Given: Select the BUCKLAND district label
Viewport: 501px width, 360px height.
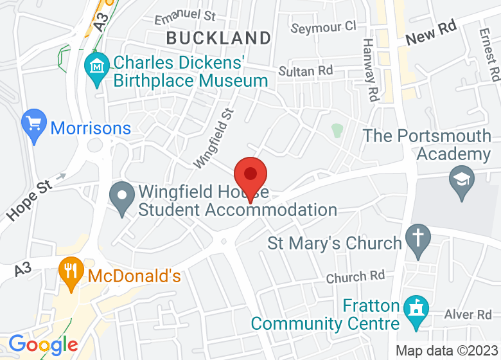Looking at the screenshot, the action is click(218, 38).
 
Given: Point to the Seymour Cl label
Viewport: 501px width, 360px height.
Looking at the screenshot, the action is click(323, 27).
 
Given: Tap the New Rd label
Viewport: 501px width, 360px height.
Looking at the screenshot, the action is click(430, 35).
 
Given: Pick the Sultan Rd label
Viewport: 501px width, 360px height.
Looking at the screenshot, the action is click(306, 70).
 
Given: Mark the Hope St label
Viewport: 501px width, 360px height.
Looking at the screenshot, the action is click(28, 200).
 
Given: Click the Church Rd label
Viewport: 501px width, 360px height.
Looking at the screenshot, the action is click(355, 277).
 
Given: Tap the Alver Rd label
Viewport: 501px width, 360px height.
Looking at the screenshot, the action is click(468, 314).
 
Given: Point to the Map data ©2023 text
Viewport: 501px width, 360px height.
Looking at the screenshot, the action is click(446, 351).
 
